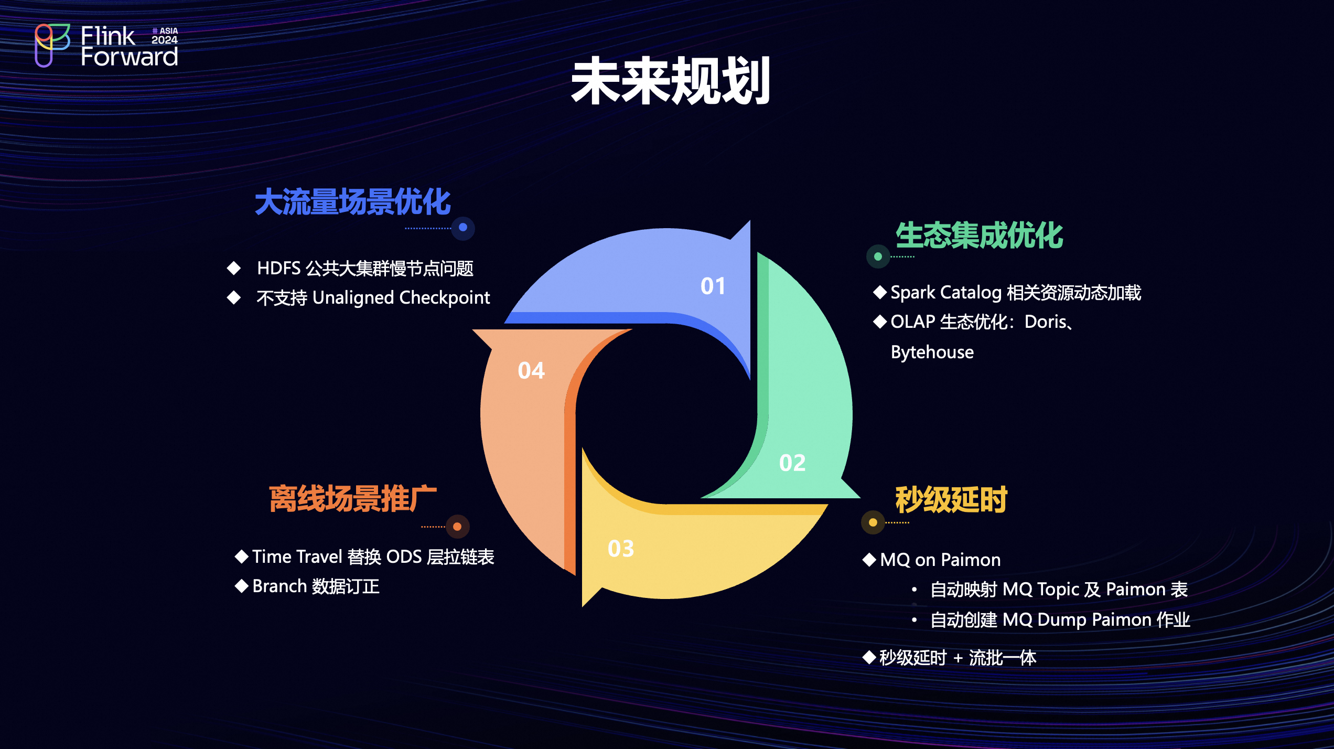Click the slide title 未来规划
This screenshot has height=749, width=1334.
[x=671, y=81]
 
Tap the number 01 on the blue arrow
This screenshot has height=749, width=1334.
[x=713, y=286]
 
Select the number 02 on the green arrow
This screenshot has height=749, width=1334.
[x=792, y=463]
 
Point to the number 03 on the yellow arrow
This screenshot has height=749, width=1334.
[x=621, y=549]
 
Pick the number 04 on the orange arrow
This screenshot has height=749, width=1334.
[x=531, y=371]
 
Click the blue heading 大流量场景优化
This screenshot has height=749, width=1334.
[x=353, y=202]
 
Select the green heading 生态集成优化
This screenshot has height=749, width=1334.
[x=979, y=235]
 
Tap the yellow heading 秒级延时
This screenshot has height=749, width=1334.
[x=951, y=499]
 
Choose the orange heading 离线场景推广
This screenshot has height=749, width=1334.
[x=353, y=498]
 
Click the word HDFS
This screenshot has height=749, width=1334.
[x=279, y=269]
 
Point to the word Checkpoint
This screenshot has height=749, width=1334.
[x=445, y=298]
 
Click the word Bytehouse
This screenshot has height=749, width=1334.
[x=932, y=352]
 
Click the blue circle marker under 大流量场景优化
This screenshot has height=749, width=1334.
[x=463, y=228]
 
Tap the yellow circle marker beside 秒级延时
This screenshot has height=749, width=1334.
[x=873, y=522]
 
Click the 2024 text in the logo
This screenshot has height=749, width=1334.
[x=165, y=40]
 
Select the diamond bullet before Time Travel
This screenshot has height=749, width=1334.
[x=242, y=557]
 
